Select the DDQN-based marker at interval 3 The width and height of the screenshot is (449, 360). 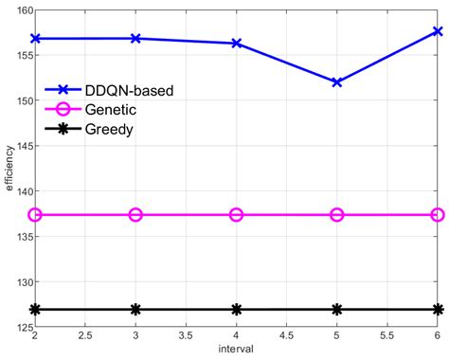pos(135,38)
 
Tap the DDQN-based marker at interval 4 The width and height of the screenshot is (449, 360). pos(236,44)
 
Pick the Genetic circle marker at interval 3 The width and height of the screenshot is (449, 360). pos(135,215)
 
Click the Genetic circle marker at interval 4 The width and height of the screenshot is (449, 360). pos(236,215)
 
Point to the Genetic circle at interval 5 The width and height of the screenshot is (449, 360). pos(337,215)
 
